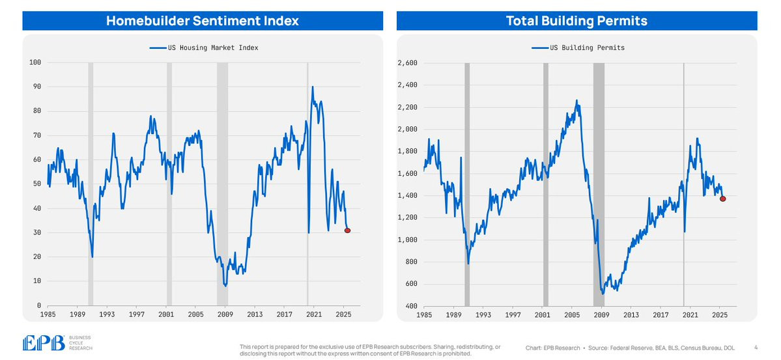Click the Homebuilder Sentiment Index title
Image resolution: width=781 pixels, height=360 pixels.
[202, 21]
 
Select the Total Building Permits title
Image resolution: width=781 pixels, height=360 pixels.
[576, 21]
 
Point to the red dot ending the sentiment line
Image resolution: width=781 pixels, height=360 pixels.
[347, 230]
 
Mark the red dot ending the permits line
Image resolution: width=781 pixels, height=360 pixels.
[723, 199]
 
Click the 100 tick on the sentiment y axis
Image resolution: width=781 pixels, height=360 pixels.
[35, 62]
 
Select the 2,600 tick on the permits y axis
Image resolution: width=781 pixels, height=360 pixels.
[407, 63]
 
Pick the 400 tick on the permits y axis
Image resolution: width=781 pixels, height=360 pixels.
[411, 306]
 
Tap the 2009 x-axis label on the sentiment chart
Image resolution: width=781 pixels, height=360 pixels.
[225, 314]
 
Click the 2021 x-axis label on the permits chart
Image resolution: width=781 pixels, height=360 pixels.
[690, 314]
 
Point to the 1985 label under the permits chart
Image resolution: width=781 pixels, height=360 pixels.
[423, 314]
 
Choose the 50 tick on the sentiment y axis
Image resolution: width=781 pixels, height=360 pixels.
[37, 184]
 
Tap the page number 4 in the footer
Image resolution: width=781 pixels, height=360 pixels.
[756, 348]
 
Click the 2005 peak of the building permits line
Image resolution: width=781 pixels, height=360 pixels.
[576, 101]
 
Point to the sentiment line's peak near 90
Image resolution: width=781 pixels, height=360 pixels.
[313, 87]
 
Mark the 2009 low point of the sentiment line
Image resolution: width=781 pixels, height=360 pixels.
[225, 286]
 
